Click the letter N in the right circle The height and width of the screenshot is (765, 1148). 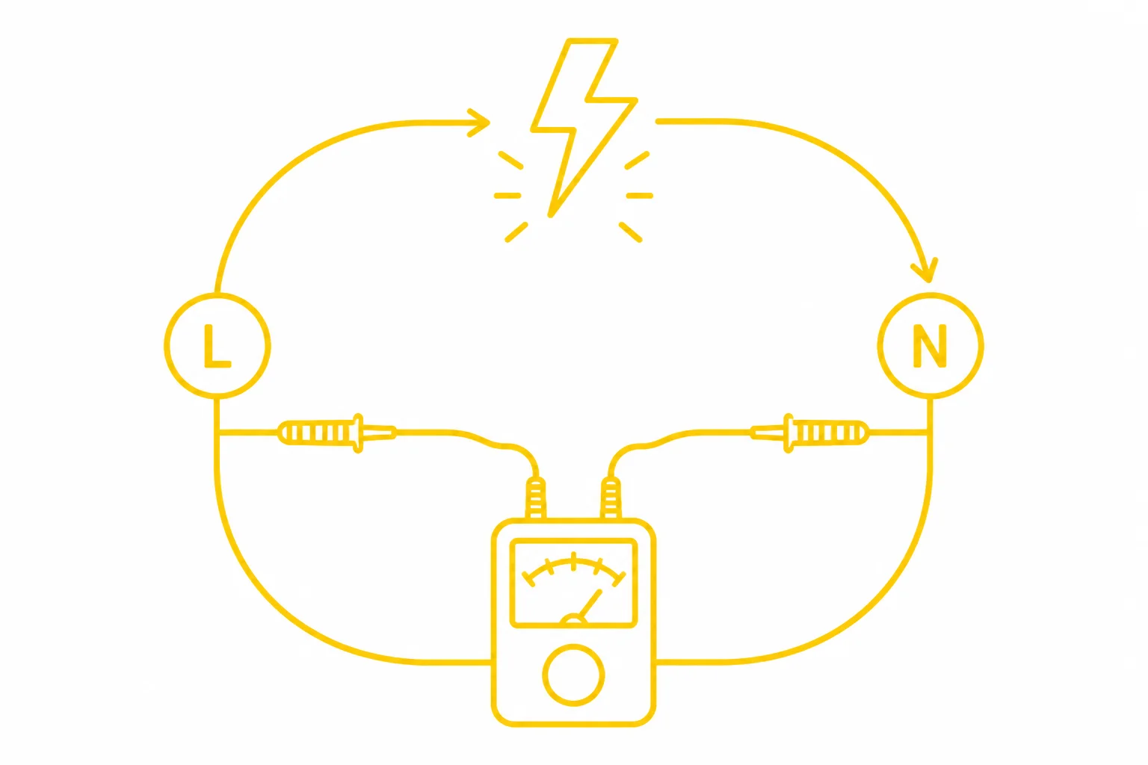point(930,346)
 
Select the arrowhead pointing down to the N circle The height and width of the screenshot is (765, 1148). point(925,270)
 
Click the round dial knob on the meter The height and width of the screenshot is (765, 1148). point(573,675)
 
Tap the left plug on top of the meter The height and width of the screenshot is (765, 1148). point(536,498)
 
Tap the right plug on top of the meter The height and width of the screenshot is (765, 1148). point(611,498)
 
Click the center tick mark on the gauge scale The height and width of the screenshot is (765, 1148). point(573,562)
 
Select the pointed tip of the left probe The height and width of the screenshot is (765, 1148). point(395,433)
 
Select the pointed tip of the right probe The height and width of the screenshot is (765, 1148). point(753,433)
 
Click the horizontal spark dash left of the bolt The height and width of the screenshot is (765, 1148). point(507,196)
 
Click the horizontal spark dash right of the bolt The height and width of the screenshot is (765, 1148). point(640,196)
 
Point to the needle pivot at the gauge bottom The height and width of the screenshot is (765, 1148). point(573,620)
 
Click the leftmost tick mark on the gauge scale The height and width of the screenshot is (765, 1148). point(528,580)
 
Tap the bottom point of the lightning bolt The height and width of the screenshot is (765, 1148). point(551,215)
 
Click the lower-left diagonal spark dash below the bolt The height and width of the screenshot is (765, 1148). point(516,232)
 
